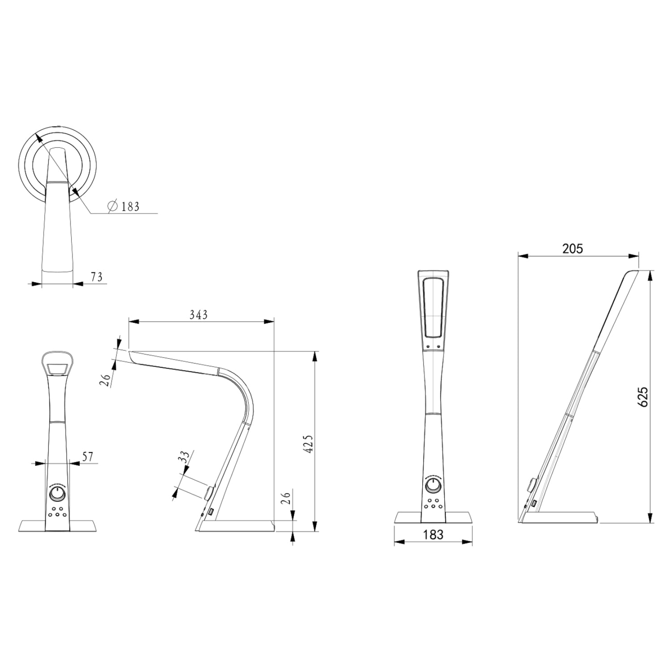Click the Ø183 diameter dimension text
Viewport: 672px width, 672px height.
point(124,206)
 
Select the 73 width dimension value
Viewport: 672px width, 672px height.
point(96,277)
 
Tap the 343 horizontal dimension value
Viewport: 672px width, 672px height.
point(198,315)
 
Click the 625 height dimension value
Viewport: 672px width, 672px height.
point(642,396)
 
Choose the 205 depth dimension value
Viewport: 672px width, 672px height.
point(572,249)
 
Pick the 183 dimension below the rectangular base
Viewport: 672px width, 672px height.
point(433,534)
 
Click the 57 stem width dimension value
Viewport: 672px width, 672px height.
point(88,457)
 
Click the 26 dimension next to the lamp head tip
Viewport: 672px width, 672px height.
point(106,380)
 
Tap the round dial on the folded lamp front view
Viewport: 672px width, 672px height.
point(57,494)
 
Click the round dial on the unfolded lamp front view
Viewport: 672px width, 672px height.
point(433,486)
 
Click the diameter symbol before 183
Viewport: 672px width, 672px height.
point(113,206)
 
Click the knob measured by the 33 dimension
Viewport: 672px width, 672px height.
point(209,493)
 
